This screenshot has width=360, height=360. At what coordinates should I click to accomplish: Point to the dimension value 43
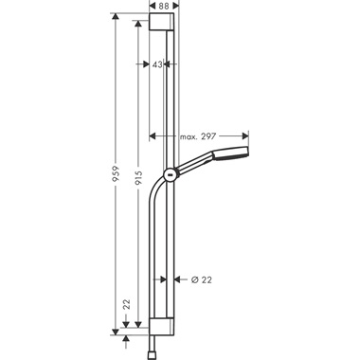(159, 64)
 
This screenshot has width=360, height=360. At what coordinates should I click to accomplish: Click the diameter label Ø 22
(200, 279)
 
